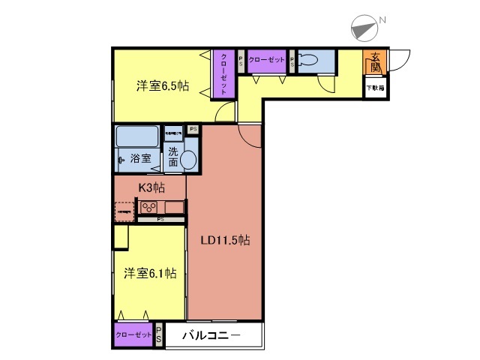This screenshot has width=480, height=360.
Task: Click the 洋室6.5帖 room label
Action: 161,86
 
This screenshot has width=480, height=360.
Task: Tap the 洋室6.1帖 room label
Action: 150,274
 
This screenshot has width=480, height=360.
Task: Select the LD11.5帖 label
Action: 224,241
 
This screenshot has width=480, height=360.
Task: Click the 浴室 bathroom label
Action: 141,159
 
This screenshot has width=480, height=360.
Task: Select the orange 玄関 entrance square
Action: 375,61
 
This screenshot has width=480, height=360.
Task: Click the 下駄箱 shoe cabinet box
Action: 375,88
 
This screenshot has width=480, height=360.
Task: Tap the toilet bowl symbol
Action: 310,61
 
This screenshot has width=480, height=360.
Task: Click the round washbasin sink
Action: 188,160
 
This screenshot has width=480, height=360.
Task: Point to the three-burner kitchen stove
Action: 147,208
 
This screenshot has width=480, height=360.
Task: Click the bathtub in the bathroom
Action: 136,137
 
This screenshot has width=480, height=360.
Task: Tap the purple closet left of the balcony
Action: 133,335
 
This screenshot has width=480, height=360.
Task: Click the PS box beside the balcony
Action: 159,335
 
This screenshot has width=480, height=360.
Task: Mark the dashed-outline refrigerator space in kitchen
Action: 123,211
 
